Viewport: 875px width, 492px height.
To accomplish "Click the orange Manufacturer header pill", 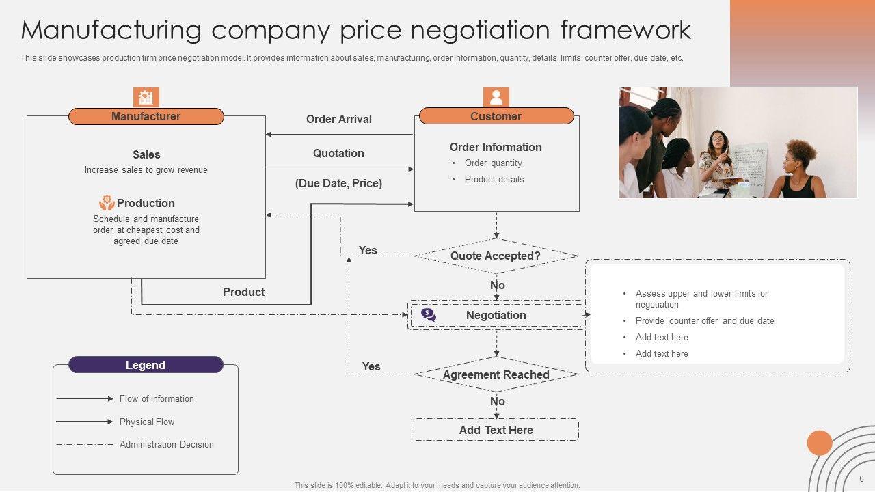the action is pyautogui.click(x=146, y=117).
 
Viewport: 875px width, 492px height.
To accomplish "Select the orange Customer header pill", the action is pyautogui.click(x=496, y=116).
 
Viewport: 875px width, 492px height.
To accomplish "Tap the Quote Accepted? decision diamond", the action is pyautogui.click(x=496, y=256).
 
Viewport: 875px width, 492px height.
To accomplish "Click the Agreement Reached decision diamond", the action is pyautogui.click(x=496, y=374).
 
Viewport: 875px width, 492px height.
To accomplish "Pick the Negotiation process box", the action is pyautogui.click(x=496, y=316).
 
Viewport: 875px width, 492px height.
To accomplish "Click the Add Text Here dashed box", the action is pyautogui.click(x=496, y=430).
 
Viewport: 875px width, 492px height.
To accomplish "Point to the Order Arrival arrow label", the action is pyautogui.click(x=338, y=120).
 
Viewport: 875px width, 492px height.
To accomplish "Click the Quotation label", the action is pyautogui.click(x=338, y=154).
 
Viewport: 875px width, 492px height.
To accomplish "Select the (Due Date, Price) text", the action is pyautogui.click(x=338, y=184).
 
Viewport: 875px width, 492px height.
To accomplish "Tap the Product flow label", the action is pyautogui.click(x=243, y=292).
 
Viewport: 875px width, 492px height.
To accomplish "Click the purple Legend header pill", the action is pyautogui.click(x=146, y=365).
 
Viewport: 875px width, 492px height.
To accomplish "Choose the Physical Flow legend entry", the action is pyautogui.click(x=146, y=422).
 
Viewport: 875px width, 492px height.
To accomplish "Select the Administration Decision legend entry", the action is pyautogui.click(x=166, y=444).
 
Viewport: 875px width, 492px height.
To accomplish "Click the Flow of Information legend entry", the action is pyautogui.click(x=157, y=399).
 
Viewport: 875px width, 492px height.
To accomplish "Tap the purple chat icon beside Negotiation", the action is pyautogui.click(x=429, y=315).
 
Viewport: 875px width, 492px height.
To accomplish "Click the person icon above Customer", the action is pyautogui.click(x=496, y=97).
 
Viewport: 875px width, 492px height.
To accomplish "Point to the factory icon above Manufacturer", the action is pyautogui.click(x=146, y=97).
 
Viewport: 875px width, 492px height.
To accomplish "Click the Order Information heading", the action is pyautogui.click(x=496, y=147).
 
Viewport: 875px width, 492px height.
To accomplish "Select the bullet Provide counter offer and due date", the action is pyautogui.click(x=704, y=321).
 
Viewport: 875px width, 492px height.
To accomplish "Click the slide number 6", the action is pyautogui.click(x=861, y=478).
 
